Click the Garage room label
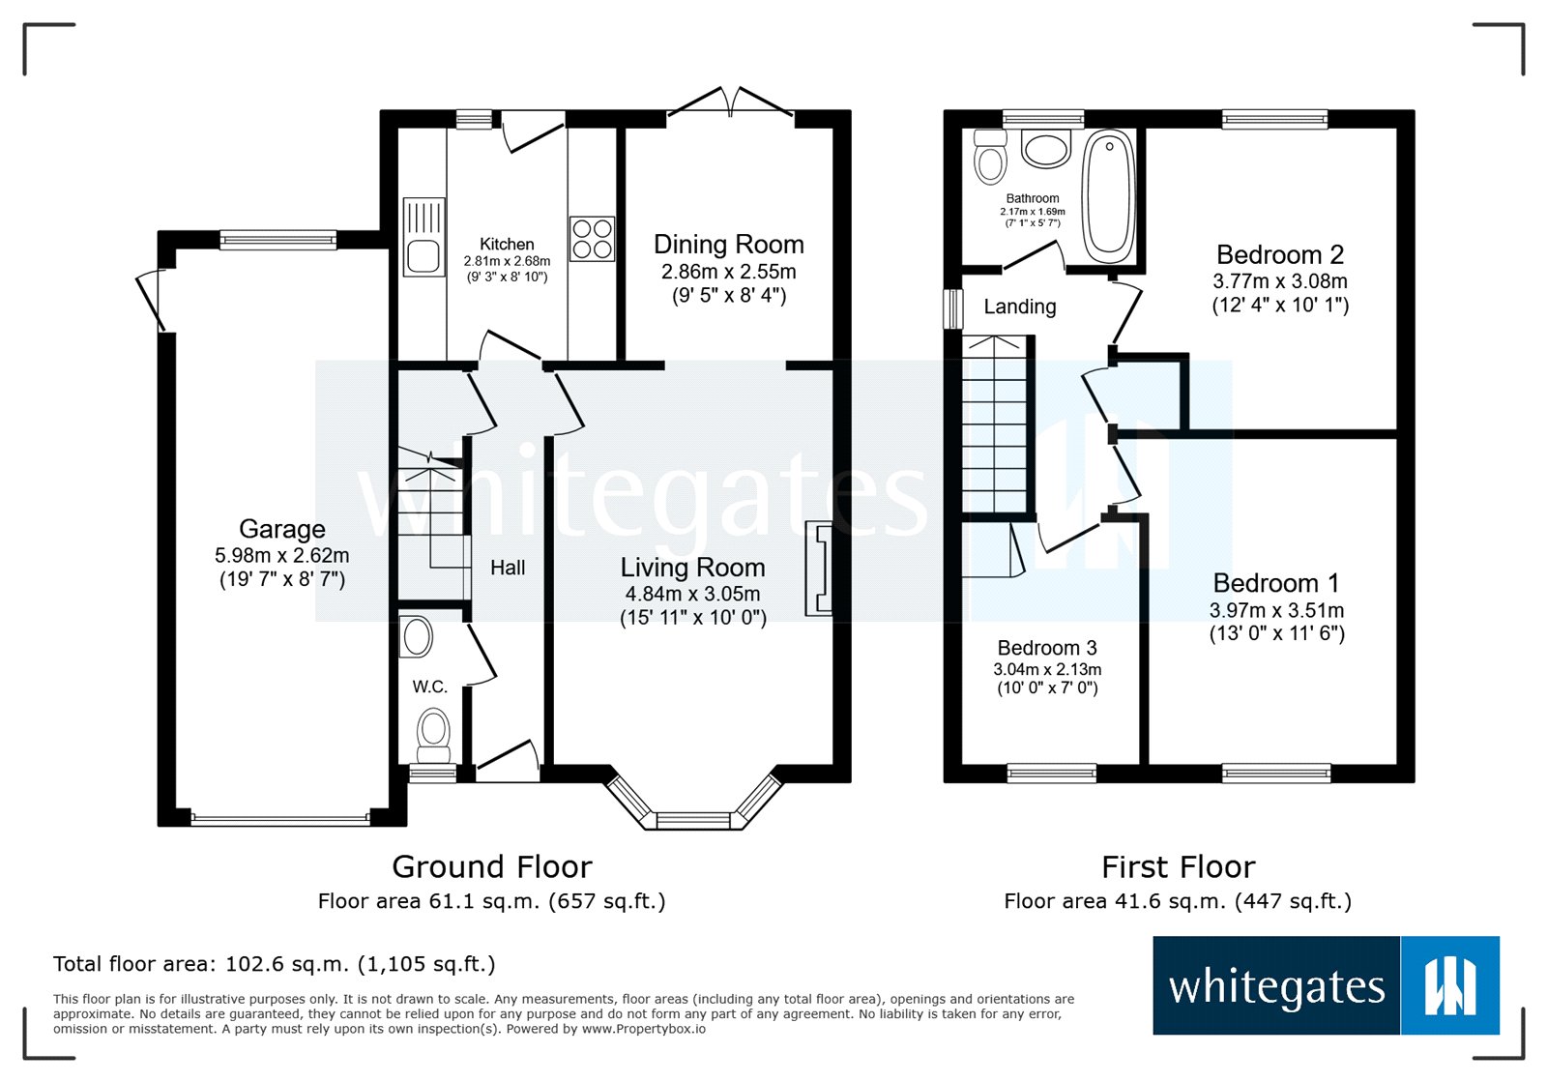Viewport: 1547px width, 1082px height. [x=281, y=529]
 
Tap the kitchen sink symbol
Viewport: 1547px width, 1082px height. [x=423, y=238]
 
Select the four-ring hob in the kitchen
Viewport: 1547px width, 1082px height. [x=592, y=239]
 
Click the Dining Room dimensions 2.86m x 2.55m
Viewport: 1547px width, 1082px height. [x=728, y=272]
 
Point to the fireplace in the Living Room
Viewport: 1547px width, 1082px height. [x=820, y=568]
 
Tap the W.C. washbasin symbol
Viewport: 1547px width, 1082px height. [x=418, y=637]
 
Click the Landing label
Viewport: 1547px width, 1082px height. [x=1019, y=307]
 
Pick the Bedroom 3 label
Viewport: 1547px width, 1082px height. [x=1046, y=648]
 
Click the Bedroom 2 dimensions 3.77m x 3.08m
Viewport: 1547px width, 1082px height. [x=1279, y=281]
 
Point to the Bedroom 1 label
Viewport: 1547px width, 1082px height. [x=1275, y=583]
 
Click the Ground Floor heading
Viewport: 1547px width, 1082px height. [x=491, y=866]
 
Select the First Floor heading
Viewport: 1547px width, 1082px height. [x=1178, y=866]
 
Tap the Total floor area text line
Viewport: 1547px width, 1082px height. [x=274, y=964]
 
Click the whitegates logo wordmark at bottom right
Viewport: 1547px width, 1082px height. [x=1276, y=987]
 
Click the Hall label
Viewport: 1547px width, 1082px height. [x=508, y=568]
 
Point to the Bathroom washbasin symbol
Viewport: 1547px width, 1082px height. [x=1045, y=150]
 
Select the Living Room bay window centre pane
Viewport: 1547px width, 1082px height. [x=692, y=821]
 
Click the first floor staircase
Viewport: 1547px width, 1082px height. [x=995, y=425]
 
